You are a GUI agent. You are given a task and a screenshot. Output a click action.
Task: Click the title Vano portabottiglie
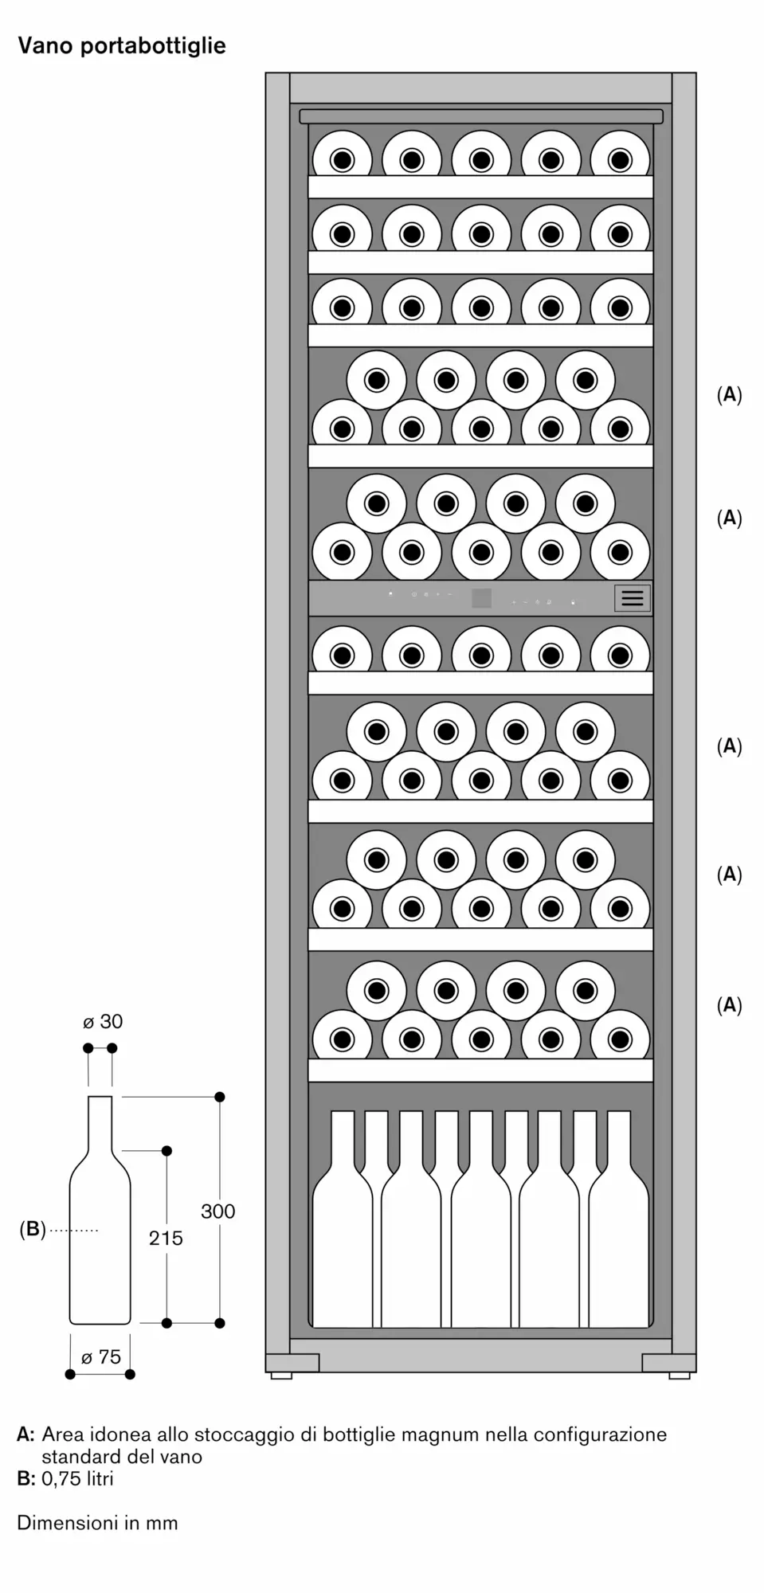122,46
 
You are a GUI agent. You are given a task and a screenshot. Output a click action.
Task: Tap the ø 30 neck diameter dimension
103,1021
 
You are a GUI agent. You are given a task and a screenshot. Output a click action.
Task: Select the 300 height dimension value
217,1211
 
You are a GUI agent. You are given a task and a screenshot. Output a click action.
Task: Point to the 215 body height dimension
166,1238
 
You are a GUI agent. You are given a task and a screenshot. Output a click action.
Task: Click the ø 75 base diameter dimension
101,1356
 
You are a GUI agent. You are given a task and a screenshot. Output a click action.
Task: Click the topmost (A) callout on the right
729,394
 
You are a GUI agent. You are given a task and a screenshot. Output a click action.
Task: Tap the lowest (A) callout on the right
729,1005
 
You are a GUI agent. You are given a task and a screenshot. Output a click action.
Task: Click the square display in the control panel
481,598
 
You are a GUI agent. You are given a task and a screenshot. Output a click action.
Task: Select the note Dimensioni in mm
97,1522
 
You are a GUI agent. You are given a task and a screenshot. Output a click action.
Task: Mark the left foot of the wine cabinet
281,1375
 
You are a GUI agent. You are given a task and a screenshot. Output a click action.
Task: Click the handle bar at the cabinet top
481,116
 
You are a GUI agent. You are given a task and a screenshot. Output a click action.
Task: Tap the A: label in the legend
25,1434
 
